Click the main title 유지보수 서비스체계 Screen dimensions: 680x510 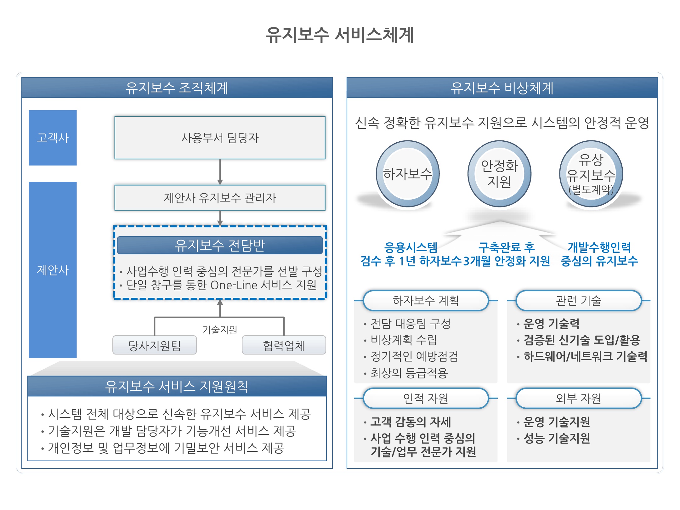340,35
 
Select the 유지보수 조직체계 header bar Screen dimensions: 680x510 177,88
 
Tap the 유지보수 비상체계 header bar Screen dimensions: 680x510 502,88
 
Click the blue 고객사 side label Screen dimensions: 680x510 53,138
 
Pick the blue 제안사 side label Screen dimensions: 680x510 53,270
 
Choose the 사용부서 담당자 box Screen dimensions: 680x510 220,138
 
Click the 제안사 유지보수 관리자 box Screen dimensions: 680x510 220,198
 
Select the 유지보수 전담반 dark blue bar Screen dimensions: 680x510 220,245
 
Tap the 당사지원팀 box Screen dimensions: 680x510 155,345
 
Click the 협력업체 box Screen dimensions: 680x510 284,345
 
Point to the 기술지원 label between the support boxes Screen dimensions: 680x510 220,330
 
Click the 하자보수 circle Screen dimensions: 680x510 408,174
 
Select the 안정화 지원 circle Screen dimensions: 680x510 499,174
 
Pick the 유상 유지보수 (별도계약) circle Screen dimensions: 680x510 591,174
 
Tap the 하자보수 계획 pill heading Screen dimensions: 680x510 426,301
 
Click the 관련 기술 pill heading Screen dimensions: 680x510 579,301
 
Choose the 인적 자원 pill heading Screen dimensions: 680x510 426,398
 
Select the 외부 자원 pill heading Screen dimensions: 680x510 579,398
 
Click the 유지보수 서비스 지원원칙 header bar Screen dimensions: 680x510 177,386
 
